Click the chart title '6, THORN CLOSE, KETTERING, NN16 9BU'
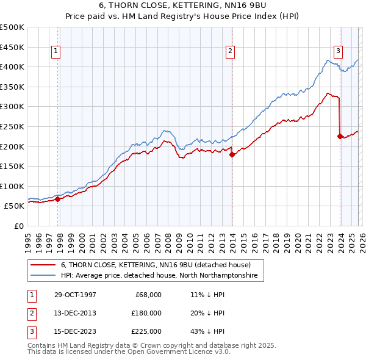point(182,5)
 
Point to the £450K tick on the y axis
point(12,47)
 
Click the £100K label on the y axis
point(12,186)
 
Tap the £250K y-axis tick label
point(12,126)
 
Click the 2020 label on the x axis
point(298,238)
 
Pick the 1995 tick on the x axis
point(28,238)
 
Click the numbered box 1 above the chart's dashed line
point(56,52)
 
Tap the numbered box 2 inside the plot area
point(230,52)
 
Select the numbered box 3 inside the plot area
point(338,52)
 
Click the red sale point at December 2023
point(340,136)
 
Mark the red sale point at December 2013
point(232,154)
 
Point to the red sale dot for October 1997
point(58,199)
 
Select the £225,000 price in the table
point(146,331)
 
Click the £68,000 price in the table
point(148,295)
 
